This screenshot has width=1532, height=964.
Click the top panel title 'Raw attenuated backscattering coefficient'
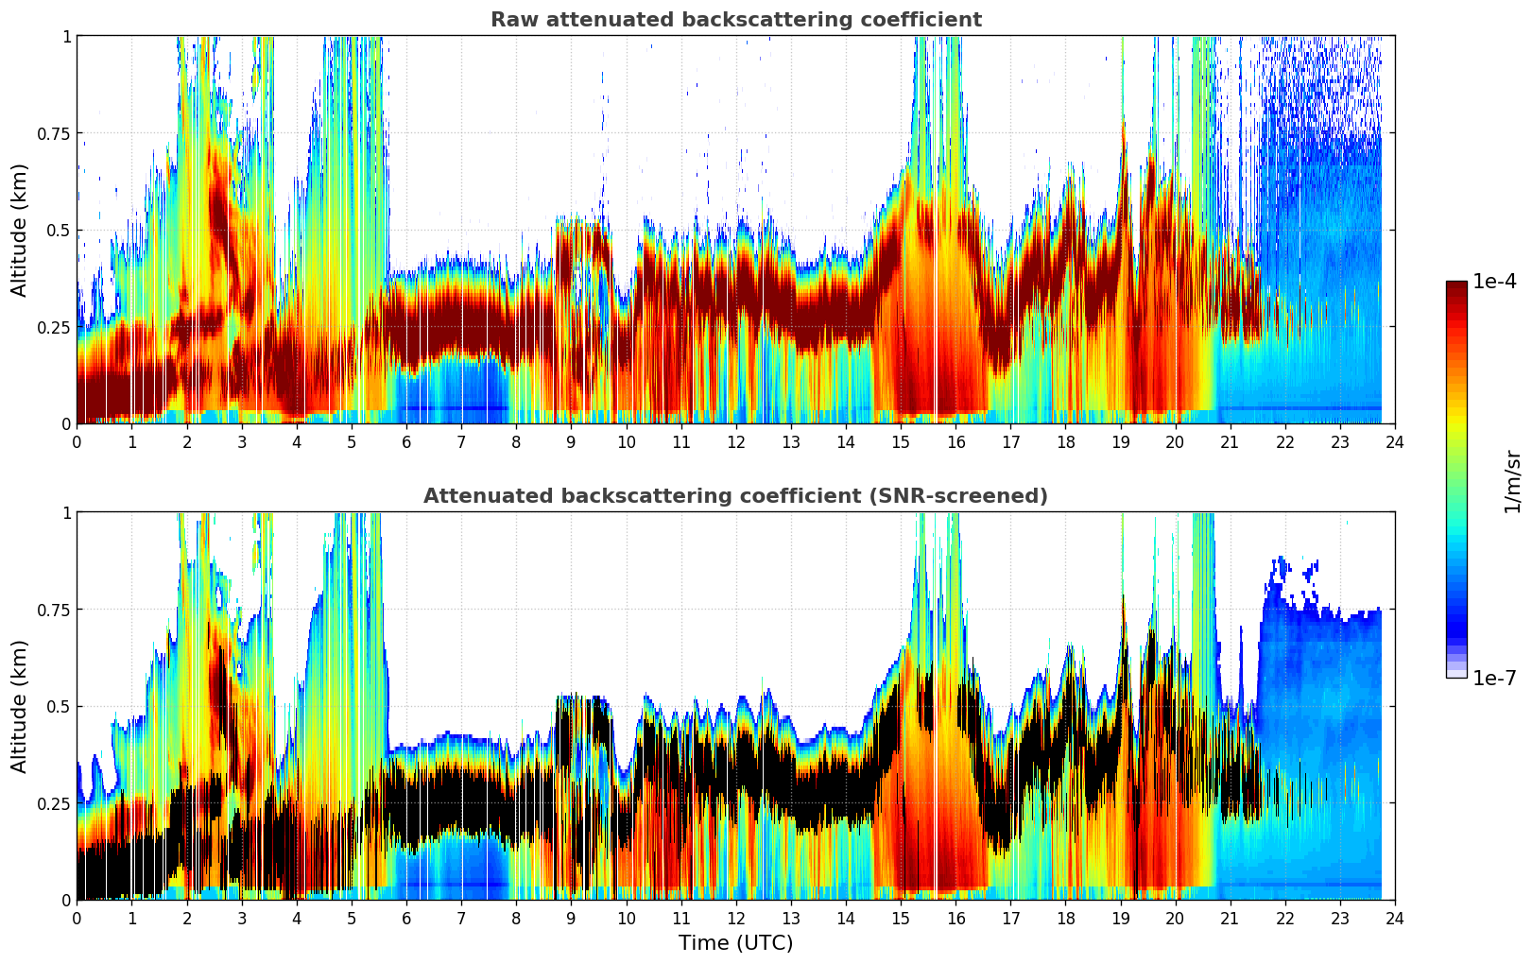click(x=735, y=20)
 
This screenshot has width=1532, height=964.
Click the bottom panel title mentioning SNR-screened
click(x=735, y=496)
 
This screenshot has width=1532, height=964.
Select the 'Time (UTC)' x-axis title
click(x=735, y=943)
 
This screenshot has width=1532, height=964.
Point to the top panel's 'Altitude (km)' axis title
click(x=20, y=230)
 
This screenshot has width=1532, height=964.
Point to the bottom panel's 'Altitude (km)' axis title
click(x=20, y=706)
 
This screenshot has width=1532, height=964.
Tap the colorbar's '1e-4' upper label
click(x=1494, y=282)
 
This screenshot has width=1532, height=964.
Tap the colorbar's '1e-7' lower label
click(x=1494, y=678)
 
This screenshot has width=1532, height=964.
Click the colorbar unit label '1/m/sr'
click(x=1512, y=482)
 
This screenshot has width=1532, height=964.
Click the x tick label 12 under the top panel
click(x=735, y=442)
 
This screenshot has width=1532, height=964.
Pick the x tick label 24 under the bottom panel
click(x=1395, y=919)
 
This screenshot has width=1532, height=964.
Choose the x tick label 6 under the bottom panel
click(x=406, y=919)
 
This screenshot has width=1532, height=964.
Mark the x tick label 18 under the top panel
click(x=1065, y=442)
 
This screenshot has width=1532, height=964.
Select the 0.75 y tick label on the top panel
click(x=53, y=133)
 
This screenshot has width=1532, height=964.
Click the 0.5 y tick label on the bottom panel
click(x=59, y=706)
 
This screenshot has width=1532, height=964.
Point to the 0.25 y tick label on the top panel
click(x=53, y=327)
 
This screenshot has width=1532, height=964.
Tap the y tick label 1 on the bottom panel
click(x=66, y=512)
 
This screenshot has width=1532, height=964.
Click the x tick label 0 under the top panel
click(x=77, y=442)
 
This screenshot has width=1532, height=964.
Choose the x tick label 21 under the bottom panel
click(x=1230, y=919)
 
